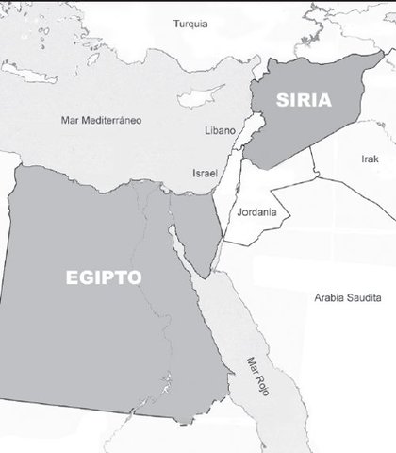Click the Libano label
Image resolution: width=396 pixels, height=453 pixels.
click(x=220, y=129)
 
